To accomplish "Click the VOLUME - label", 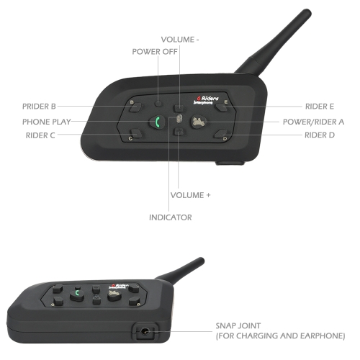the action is [x=180, y=40].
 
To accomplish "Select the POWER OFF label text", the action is [x=155, y=52].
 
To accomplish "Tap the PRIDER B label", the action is [x=39, y=107].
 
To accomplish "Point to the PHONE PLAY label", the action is [x=47, y=122].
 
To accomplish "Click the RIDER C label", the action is [x=40, y=135].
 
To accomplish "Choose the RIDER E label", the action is [x=320, y=107].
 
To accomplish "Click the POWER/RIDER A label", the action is [x=313, y=122].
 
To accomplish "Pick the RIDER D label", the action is [x=320, y=135].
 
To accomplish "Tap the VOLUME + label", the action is [x=191, y=195].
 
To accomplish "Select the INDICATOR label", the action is [x=171, y=217].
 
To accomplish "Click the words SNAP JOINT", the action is [x=238, y=325].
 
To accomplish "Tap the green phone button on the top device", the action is [x=157, y=122].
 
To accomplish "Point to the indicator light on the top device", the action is [x=179, y=119].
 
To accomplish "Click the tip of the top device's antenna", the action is [x=307, y=12].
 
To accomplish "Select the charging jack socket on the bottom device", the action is [x=145, y=332].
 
